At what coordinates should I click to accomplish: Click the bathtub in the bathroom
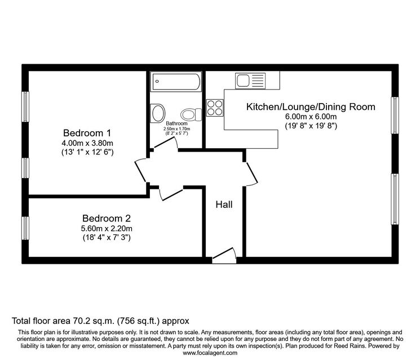coord(176,81)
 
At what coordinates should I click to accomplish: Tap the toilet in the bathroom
coord(191,115)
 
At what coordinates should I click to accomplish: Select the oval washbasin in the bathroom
coord(157,113)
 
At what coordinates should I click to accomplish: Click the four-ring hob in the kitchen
coord(215,108)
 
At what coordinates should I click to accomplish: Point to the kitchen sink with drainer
coord(250,81)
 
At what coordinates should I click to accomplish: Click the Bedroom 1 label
coord(87,133)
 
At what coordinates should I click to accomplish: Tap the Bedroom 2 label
coord(107,219)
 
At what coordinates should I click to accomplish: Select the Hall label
coord(224,205)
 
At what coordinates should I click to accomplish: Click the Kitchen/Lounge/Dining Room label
coord(311,107)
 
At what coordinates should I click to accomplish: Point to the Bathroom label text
coord(176,123)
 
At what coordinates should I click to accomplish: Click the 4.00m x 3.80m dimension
coord(87,143)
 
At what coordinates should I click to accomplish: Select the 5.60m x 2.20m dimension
coord(107,229)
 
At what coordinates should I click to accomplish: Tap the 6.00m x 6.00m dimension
coord(311,117)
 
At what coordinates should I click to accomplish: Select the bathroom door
coord(166,143)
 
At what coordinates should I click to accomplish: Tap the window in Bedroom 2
coord(25,228)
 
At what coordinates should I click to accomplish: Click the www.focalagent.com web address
coord(210,353)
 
